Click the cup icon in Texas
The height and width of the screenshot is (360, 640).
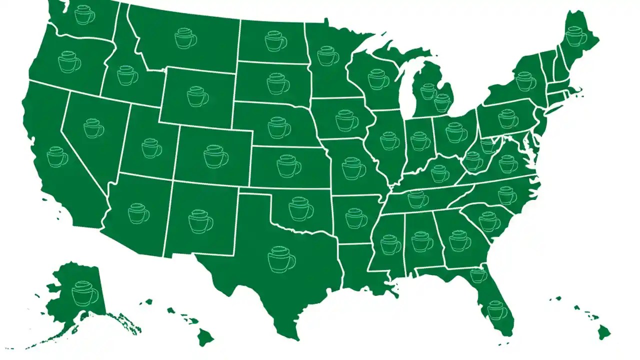281,259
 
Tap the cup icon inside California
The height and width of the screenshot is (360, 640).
57,157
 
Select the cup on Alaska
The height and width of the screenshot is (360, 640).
84,293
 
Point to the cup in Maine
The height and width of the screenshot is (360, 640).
576,36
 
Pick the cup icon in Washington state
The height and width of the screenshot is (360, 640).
84,15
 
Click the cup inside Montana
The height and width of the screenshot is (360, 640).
185,38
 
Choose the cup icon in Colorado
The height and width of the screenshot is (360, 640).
215,156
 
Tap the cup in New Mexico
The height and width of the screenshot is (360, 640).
200,221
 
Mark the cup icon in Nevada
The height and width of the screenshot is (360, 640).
93,128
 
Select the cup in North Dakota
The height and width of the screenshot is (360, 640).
275,41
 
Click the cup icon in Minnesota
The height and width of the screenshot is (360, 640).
327,55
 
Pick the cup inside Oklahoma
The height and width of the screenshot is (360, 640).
300,208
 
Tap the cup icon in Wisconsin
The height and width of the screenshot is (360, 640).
378,79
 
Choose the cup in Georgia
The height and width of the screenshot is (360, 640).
459,241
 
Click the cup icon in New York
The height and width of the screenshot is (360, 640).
525,81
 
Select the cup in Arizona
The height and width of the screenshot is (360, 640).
138,213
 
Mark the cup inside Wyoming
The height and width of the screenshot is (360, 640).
197,96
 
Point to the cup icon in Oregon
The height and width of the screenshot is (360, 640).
69,62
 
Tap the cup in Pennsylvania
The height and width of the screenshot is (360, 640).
508,118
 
